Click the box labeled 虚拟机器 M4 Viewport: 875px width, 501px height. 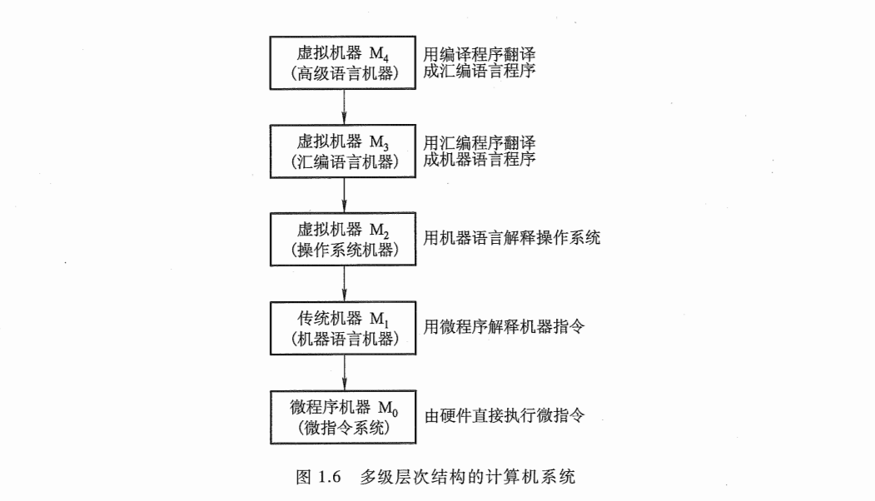[x=345, y=62]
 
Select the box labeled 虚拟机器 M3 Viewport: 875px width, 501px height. [x=345, y=151]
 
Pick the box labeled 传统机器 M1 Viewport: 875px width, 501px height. [x=345, y=328]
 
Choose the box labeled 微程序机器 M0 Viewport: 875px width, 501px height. [x=345, y=417]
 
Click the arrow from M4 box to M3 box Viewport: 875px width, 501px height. [x=345, y=106]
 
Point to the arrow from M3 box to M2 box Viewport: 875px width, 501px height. [x=345, y=195]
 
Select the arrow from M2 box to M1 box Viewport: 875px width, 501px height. [x=345, y=284]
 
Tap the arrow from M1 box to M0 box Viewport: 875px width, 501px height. [x=345, y=373]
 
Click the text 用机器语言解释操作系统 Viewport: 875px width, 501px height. [x=511, y=238]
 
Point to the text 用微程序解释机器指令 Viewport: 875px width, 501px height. [x=504, y=327]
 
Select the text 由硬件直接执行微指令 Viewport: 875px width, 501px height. [x=504, y=415]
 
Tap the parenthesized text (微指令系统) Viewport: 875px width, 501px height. [x=345, y=429]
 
